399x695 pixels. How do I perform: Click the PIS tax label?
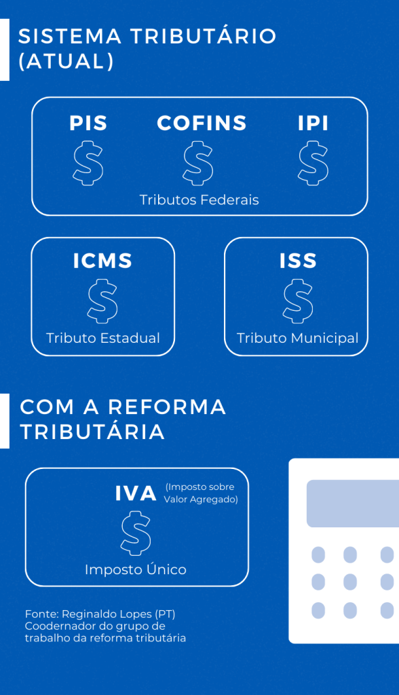pyautogui.click(x=88, y=124)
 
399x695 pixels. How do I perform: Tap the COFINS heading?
pyautogui.click(x=202, y=124)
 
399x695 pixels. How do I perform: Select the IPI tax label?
pyautogui.click(x=313, y=124)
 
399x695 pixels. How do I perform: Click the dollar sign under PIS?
pyautogui.click(x=88, y=163)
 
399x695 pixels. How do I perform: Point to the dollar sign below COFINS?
pyautogui.click(x=197, y=163)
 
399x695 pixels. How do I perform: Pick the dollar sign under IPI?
pyautogui.click(x=313, y=163)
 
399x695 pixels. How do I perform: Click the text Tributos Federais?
pyautogui.click(x=199, y=200)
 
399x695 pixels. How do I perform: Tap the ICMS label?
pyautogui.click(x=103, y=261)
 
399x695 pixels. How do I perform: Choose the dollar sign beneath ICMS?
pyautogui.click(x=103, y=301)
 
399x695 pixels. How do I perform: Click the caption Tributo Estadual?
pyautogui.click(x=103, y=338)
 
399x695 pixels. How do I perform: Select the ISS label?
pyautogui.click(x=298, y=261)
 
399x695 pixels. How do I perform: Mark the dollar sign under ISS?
pyautogui.click(x=298, y=301)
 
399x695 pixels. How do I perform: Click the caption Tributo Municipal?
pyautogui.click(x=297, y=338)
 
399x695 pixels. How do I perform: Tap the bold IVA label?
pyautogui.click(x=136, y=493)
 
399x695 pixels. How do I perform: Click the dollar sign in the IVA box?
pyautogui.click(x=136, y=533)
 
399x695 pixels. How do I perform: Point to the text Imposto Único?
pyautogui.click(x=136, y=569)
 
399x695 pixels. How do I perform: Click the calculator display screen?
pyautogui.click(x=353, y=504)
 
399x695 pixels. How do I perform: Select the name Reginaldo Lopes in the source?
pyautogui.click(x=107, y=614)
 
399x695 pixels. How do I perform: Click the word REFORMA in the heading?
pyautogui.click(x=168, y=407)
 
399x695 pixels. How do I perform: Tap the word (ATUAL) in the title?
pyautogui.click(x=66, y=61)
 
